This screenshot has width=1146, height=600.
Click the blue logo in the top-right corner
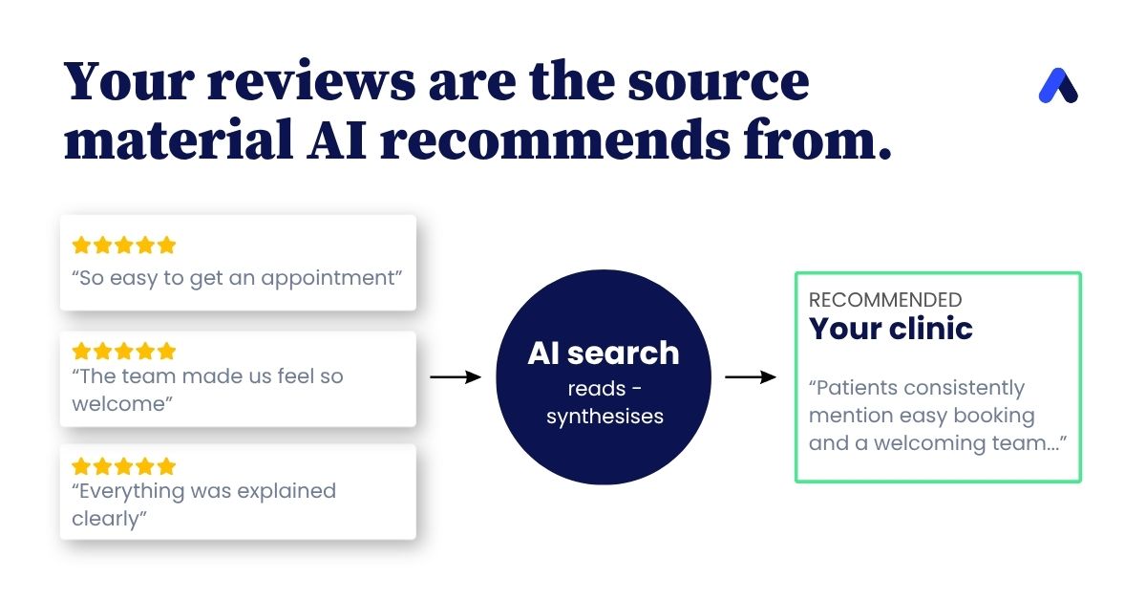coord(1058,85)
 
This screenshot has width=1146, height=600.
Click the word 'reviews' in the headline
coord(311,81)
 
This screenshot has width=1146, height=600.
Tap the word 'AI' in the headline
coord(336,139)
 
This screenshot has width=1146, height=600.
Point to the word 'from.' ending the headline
coord(817,139)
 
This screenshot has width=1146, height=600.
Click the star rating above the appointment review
coord(124,246)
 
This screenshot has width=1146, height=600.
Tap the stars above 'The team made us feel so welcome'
coord(124,352)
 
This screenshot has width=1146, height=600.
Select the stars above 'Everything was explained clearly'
coord(124,466)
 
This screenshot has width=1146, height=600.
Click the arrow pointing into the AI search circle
coord(456,377)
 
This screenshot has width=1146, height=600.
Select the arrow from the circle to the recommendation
coord(751,377)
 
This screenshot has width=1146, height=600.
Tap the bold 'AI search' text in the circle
coord(604,353)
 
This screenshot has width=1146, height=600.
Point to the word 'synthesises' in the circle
coord(605,417)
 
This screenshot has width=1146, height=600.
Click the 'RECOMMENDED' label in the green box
coord(885,300)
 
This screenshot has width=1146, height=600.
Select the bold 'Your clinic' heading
coord(891,328)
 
